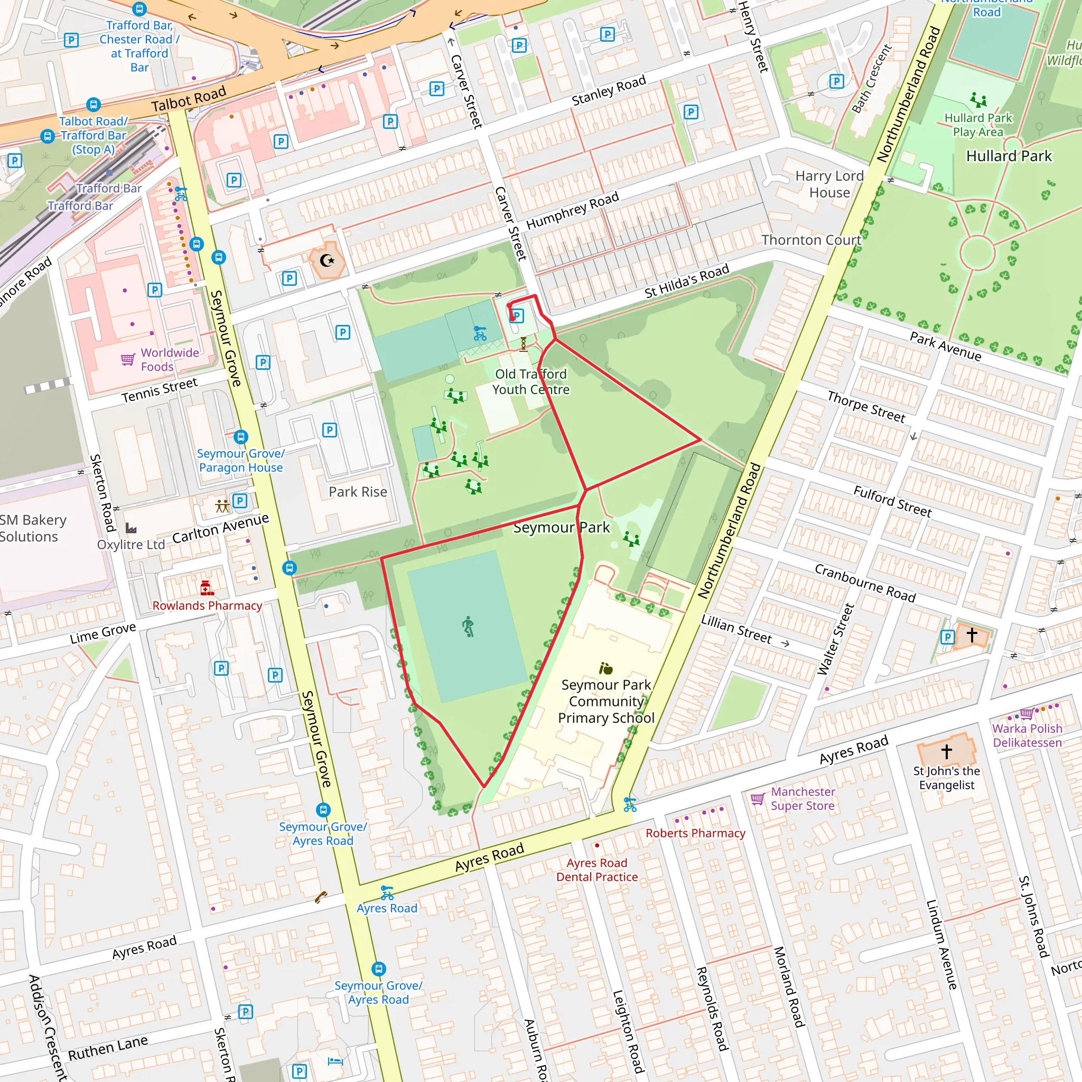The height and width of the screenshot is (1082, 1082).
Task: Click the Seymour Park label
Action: (x=561, y=528)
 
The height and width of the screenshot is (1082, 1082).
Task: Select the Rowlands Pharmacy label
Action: (x=207, y=605)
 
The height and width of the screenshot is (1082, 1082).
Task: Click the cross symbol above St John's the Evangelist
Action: (x=946, y=751)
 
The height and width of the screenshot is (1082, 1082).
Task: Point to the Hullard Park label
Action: (x=1009, y=156)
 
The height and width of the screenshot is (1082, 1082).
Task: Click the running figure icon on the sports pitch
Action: (x=468, y=627)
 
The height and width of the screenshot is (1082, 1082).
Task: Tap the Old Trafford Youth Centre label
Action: (x=531, y=381)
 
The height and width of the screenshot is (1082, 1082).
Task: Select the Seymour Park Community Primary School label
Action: (x=606, y=701)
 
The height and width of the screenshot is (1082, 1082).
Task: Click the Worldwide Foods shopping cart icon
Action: (x=128, y=359)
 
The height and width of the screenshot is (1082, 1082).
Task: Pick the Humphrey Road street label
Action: (x=572, y=210)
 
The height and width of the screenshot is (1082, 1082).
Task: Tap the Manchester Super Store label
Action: (x=803, y=799)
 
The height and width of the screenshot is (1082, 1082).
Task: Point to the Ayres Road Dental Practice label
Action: (x=597, y=870)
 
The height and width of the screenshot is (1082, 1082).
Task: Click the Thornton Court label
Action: (x=811, y=240)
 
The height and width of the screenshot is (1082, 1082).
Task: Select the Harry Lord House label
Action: (x=829, y=184)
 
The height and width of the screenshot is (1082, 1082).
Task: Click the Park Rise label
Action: (x=358, y=492)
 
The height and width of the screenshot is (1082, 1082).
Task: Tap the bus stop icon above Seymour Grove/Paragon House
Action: (x=241, y=436)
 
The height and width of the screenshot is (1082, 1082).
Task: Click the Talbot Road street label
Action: (x=189, y=99)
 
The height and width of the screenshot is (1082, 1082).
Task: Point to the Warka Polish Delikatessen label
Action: (x=1027, y=735)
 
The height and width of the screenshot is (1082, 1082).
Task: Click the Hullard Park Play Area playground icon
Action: (x=978, y=100)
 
